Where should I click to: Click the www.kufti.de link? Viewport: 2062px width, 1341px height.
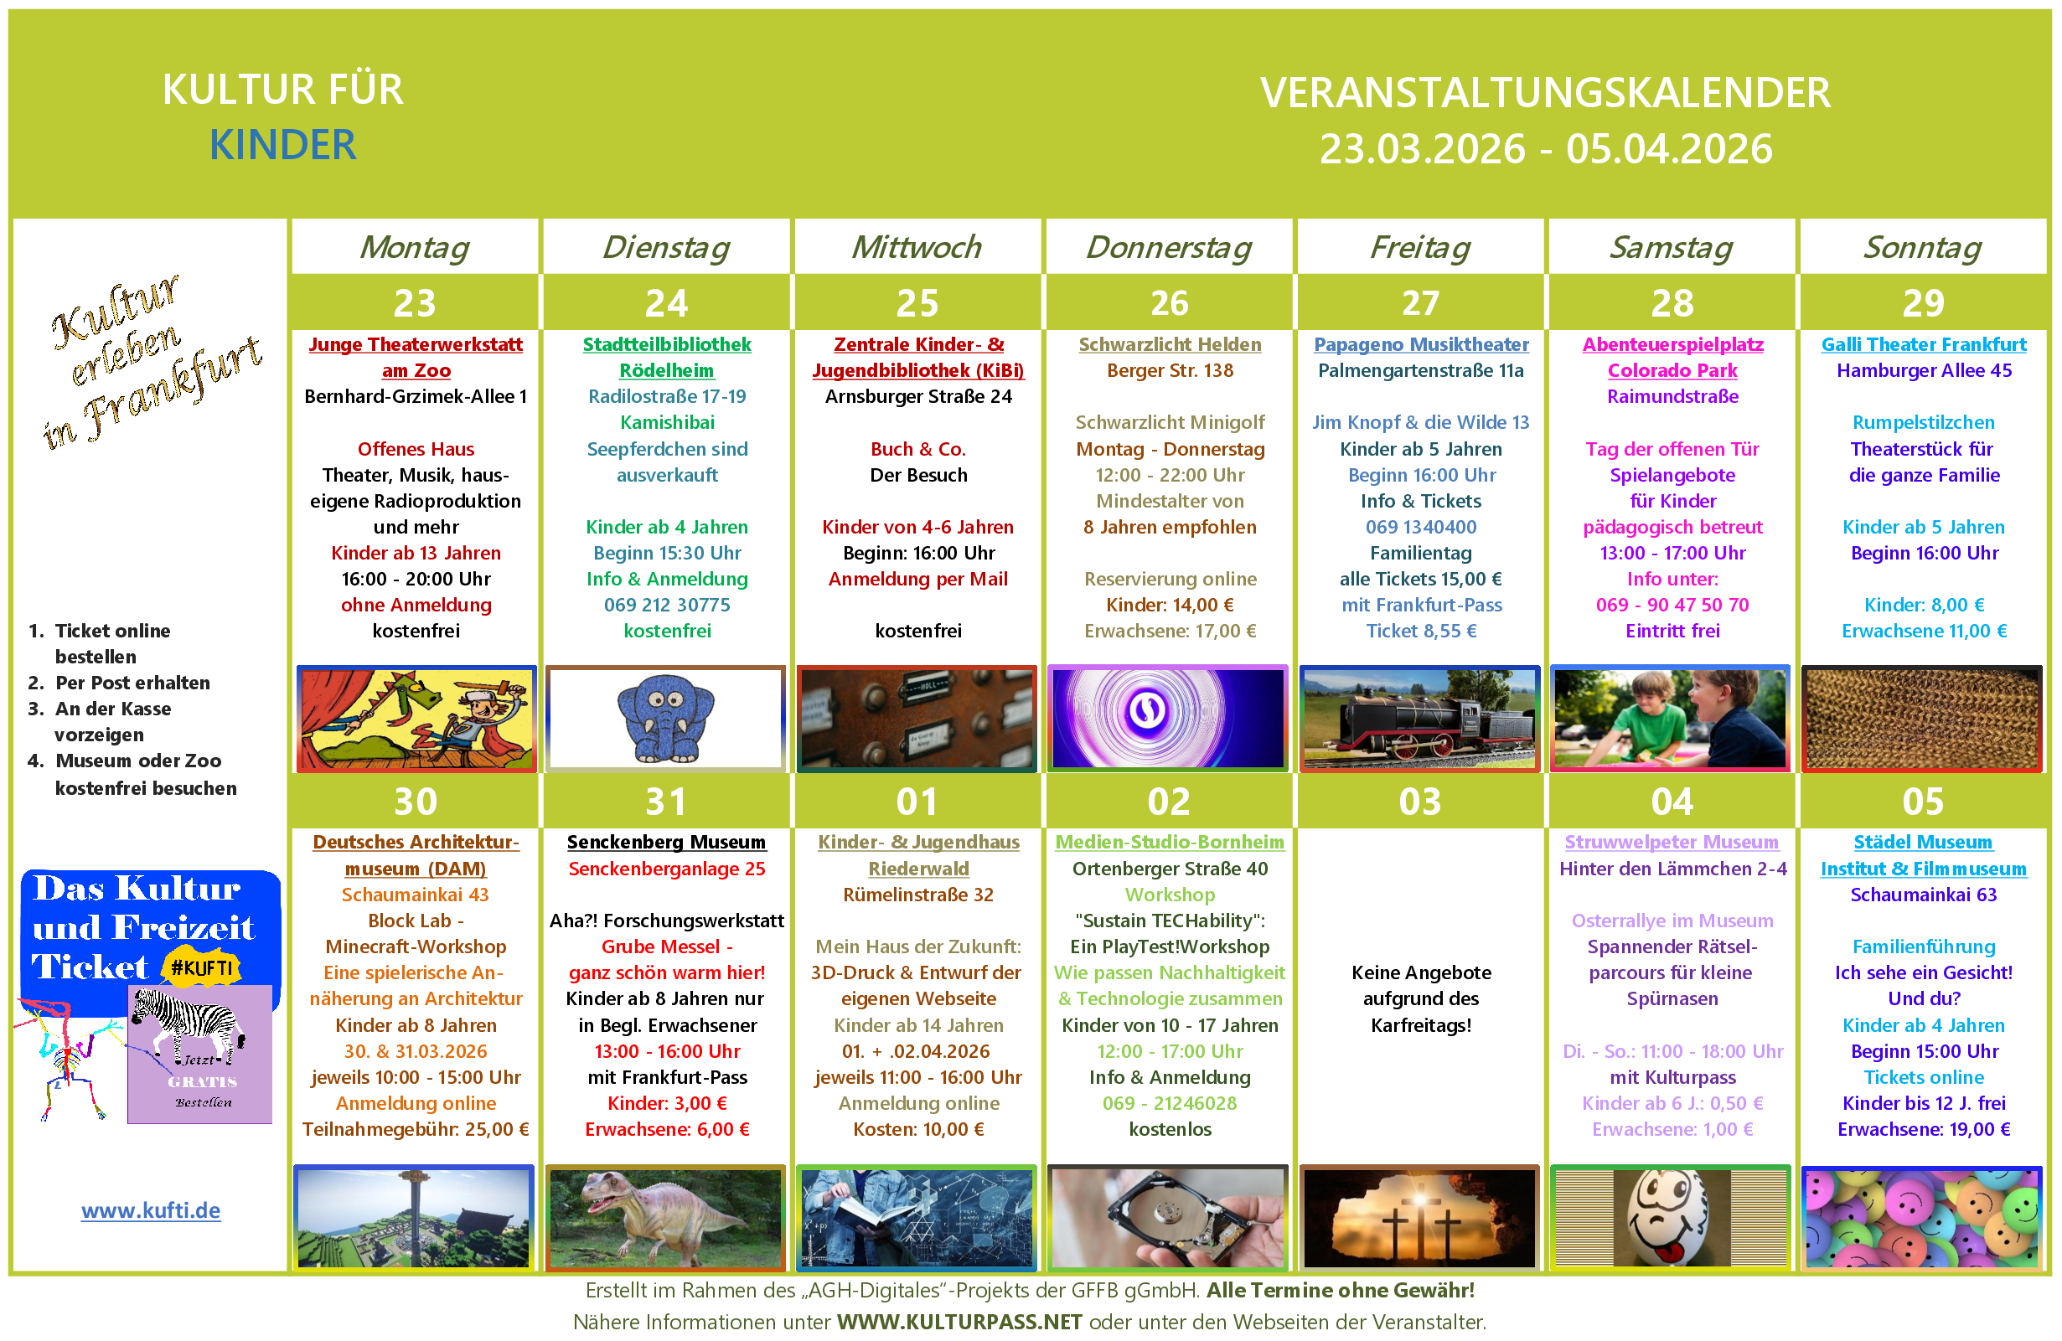pyautogui.click(x=151, y=1210)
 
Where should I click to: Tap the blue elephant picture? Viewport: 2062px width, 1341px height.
pyautogui.click(x=665, y=718)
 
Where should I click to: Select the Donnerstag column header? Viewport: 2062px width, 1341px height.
pyautogui.click(x=1169, y=248)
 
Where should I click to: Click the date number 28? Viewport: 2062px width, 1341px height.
pyautogui.click(x=1672, y=303)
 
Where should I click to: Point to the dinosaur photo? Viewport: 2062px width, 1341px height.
pyautogui.click(x=665, y=1217)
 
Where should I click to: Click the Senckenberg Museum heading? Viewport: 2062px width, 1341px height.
pyautogui.click(x=666, y=842)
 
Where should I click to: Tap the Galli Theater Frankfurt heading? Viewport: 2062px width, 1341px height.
pyautogui.click(x=1924, y=344)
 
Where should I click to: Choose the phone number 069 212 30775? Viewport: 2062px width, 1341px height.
pyautogui.click(x=666, y=605)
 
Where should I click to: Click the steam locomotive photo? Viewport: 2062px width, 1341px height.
pyautogui.click(x=1420, y=718)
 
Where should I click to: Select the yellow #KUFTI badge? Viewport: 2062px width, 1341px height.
pyautogui.click(x=201, y=967)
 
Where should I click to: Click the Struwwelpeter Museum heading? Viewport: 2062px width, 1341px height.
pyautogui.click(x=1672, y=842)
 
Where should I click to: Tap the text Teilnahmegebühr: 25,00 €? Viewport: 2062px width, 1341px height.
pyautogui.click(x=416, y=1129)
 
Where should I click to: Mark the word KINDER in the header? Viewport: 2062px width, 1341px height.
pyautogui.click(x=282, y=145)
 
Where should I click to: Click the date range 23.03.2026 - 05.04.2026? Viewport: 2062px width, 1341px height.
pyautogui.click(x=1546, y=148)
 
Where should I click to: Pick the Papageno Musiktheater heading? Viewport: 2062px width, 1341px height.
pyautogui.click(x=1421, y=344)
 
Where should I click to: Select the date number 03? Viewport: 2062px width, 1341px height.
pyautogui.click(x=1420, y=802)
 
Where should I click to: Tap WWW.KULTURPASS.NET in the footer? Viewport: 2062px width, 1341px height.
pyautogui.click(x=959, y=1322)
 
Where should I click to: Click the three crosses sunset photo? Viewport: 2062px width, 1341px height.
pyautogui.click(x=1420, y=1217)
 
